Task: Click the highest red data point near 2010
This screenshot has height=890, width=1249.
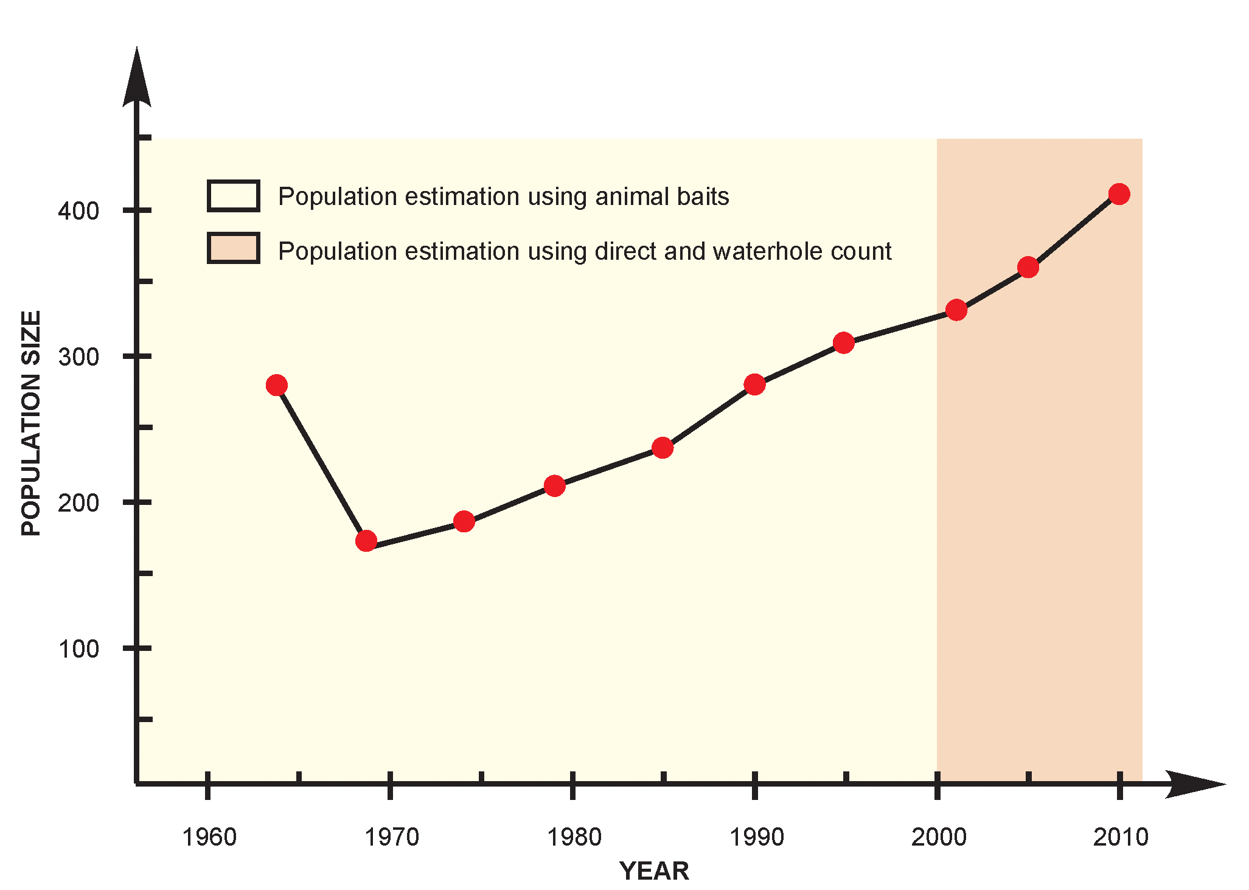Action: coord(1119,194)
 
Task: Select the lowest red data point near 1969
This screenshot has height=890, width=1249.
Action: coord(366,540)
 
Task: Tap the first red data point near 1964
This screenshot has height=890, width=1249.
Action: coord(277,385)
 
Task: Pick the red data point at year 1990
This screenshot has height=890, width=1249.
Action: coord(754,384)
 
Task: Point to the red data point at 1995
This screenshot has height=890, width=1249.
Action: coord(844,343)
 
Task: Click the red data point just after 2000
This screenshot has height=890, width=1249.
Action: coord(956,310)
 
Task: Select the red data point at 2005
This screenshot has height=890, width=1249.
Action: coord(1028,267)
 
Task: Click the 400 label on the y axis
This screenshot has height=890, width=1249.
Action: coord(78,211)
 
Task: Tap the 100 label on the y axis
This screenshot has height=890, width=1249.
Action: coord(78,649)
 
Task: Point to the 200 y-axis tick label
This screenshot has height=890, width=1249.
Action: coord(78,503)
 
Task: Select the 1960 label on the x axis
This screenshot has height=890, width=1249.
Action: coord(209,838)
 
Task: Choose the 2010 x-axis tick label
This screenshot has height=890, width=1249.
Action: coord(1121,838)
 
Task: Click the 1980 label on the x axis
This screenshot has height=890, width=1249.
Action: coord(574,838)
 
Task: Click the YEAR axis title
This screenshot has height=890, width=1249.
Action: coord(654,871)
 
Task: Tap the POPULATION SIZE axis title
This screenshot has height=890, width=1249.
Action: coord(31,423)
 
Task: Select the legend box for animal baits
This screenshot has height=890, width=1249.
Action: coord(234,196)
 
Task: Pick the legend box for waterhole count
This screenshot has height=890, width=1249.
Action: coord(234,248)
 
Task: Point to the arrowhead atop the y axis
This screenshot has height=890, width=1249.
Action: coord(137,76)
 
